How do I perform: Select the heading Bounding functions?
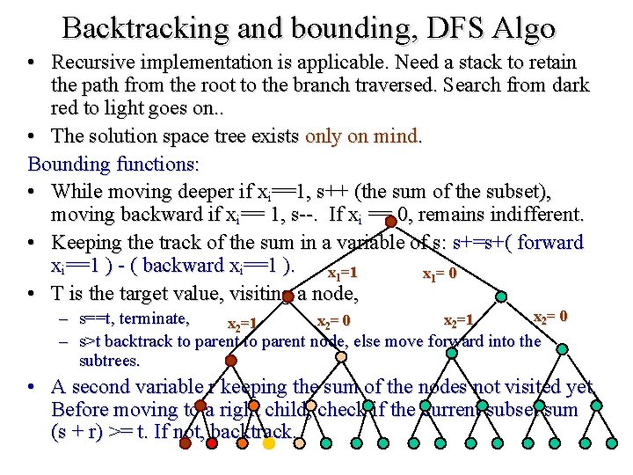(114, 164)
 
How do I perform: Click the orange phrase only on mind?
(363, 136)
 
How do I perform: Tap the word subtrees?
(109, 361)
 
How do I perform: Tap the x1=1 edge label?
(342, 274)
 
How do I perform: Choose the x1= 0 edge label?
(440, 274)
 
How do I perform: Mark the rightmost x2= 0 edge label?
(551, 316)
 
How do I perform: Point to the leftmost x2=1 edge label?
(242, 325)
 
